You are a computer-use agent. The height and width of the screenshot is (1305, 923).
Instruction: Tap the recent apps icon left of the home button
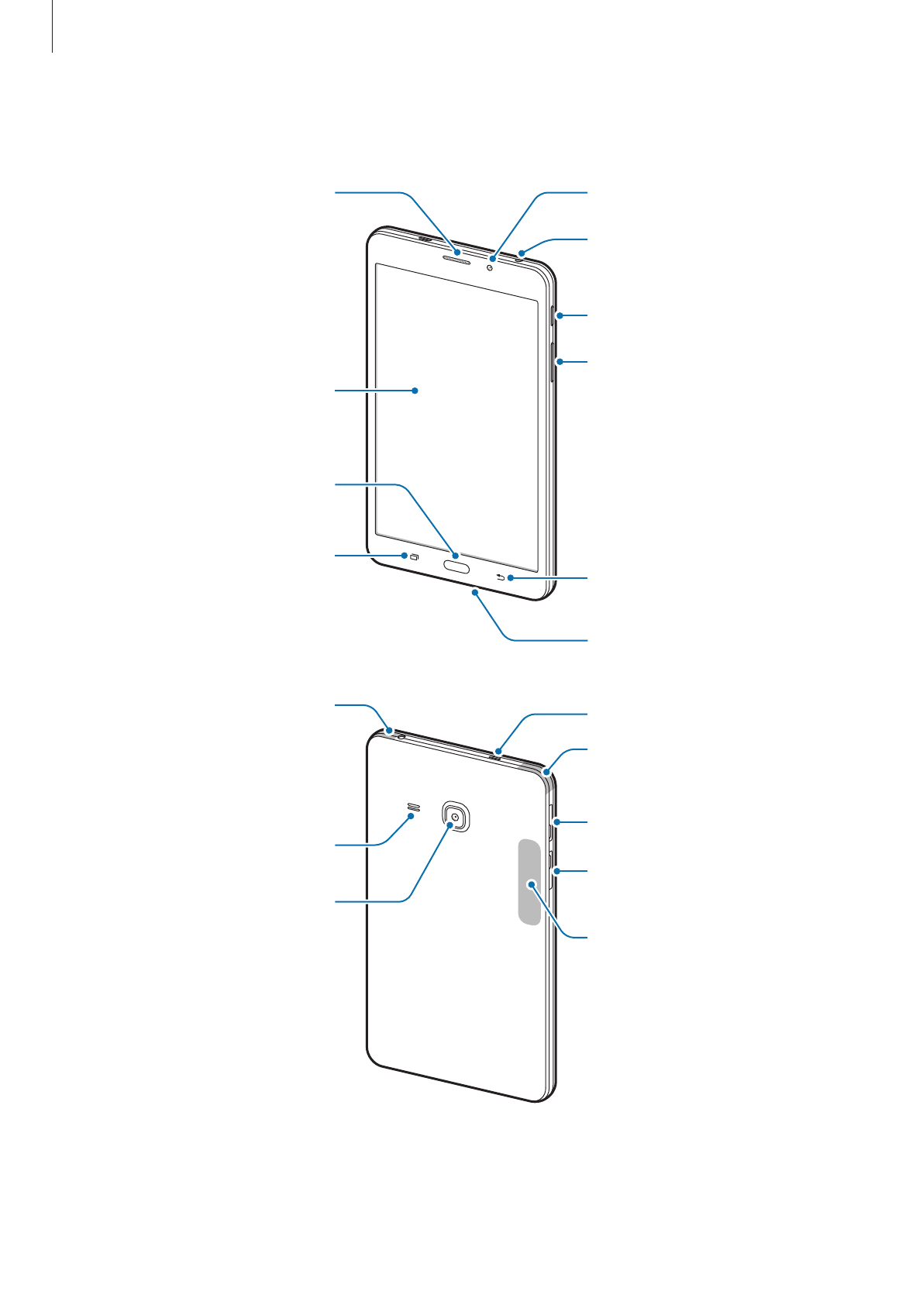pos(415,557)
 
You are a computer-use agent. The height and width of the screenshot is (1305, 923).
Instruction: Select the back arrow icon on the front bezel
pos(501,577)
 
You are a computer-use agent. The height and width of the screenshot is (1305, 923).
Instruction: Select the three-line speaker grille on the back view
pos(412,811)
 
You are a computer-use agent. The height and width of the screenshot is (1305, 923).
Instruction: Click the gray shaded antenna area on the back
pos(529,882)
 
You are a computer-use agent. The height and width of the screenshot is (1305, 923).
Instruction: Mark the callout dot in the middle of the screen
pos(415,391)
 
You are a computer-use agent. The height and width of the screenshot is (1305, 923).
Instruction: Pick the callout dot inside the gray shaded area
pos(532,884)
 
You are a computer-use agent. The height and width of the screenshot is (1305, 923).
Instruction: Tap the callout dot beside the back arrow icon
pos(510,578)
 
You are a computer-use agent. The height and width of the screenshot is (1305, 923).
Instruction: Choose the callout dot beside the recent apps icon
pos(405,556)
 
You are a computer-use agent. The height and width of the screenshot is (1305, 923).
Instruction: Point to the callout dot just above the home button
pos(456,556)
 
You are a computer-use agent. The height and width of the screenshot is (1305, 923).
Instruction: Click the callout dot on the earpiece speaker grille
pos(457,253)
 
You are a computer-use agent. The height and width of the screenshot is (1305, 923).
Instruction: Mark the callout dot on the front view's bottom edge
pos(474,592)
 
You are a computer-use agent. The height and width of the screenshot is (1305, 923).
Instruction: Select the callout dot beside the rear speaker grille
pos(410,816)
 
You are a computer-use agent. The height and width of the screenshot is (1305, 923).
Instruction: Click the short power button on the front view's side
pos(553,316)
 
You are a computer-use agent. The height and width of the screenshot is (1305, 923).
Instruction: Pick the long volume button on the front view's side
pos(553,362)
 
